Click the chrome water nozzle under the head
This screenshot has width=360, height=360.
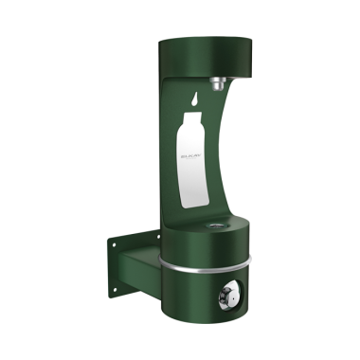218,84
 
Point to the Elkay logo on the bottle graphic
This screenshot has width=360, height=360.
187,150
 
